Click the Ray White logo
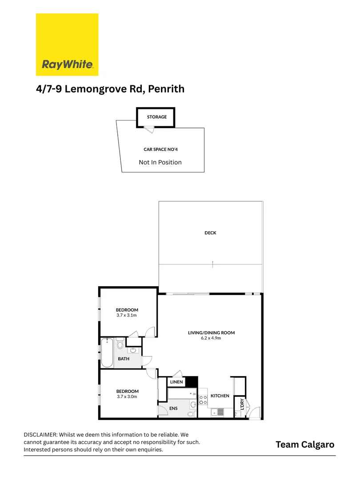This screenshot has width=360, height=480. coord(67,44)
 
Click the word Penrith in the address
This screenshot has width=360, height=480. coord(166,89)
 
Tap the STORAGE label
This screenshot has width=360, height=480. coord(157,117)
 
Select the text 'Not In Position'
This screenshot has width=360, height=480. coord(160,162)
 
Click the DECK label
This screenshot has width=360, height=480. coord(210,233)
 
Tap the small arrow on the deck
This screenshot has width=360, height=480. coord(213,264)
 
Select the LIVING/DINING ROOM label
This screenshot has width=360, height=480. coord(211,332)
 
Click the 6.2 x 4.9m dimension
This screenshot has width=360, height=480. coord(211,338)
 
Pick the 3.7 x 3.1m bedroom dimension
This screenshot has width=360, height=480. coord(127,315)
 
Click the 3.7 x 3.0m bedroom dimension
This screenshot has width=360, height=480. coord(127,396)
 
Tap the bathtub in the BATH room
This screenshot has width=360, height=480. coord(107,353)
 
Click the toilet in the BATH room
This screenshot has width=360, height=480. coord(120,344)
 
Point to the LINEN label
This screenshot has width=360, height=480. coord(176,382)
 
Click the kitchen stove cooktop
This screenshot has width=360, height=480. coord(203,400)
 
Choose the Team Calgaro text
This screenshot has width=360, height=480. coord(305,444)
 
